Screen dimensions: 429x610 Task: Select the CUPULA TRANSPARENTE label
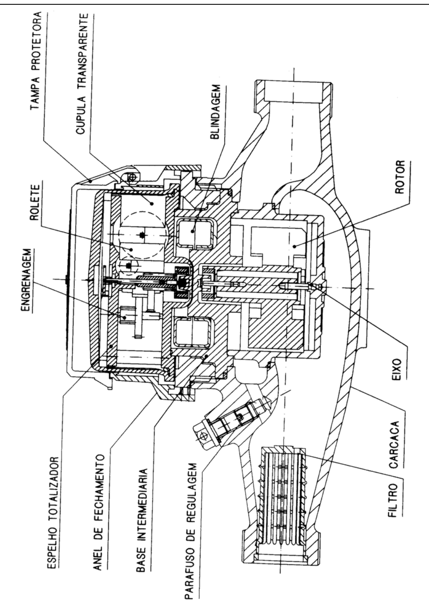click(82, 74)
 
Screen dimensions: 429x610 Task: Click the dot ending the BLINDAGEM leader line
click(192, 231)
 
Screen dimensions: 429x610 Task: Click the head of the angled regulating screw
click(203, 436)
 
